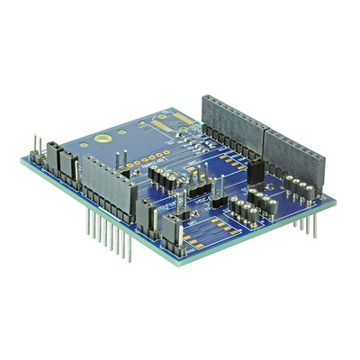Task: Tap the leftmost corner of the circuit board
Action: [21, 160]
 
